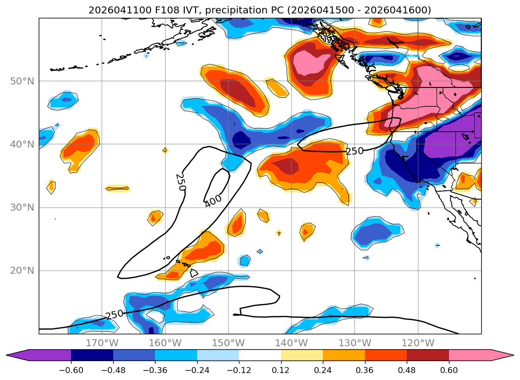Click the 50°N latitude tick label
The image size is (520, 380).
(x=22, y=81)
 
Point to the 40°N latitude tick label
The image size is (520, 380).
(x=22, y=144)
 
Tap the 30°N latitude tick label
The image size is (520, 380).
(x=22, y=208)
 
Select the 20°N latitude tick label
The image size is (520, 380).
(x=22, y=271)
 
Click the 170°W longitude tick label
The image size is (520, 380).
(x=102, y=343)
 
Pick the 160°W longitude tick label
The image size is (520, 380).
(x=165, y=343)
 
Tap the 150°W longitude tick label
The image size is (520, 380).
(x=228, y=343)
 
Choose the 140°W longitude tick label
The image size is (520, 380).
(x=292, y=343)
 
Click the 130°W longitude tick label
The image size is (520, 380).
(x=355, y=343)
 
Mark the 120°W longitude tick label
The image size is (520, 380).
(x=418, y=343)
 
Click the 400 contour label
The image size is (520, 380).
(x=213, y=201)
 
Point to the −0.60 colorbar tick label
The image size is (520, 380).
(x=71, y=370)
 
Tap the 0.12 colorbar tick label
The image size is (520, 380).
(x=281, y=370)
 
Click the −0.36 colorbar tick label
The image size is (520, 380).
(x=155, y=370)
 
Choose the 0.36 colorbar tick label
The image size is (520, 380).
(x=365, y=370)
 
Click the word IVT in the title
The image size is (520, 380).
(x=192, y=10)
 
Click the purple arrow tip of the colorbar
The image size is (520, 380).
(x=6, y=355)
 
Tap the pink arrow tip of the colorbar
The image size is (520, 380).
(x=514, y=355)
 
